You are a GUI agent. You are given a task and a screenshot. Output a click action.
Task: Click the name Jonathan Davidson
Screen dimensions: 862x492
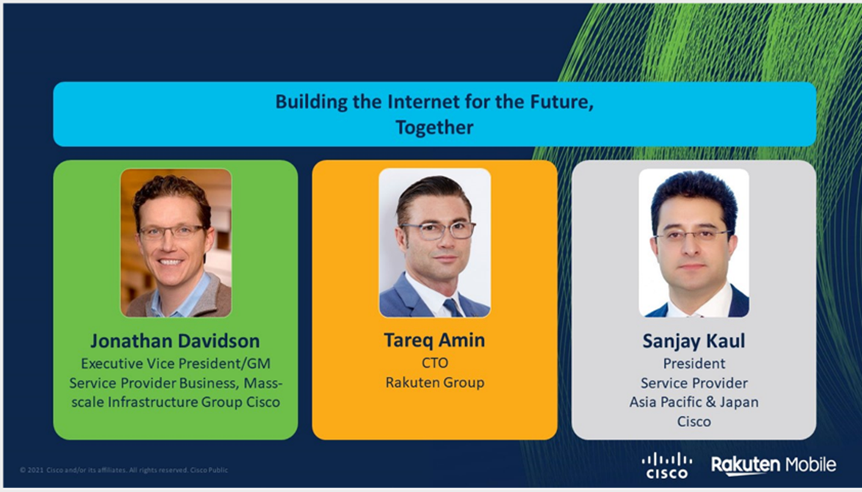[x=175, y=341]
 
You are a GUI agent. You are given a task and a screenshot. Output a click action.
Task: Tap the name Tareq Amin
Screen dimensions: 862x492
[x=434, y=340]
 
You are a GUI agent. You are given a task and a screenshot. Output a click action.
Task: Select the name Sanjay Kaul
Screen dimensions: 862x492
[x=694, y=341]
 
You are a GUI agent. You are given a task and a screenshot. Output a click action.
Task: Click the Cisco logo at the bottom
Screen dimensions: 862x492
[x=667, y=466]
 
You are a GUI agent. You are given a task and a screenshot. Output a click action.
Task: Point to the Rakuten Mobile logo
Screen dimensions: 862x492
[x=774, y=465]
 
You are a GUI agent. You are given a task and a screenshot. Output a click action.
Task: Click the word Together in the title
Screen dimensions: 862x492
[x=434, y=128]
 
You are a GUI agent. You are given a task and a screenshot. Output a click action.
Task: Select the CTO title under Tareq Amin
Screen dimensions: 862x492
[x=435, y=363]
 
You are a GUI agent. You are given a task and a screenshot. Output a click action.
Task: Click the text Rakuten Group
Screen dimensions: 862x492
[x=435, y=383]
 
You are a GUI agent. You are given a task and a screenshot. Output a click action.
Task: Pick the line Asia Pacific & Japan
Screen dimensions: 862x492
[x=694, y=402]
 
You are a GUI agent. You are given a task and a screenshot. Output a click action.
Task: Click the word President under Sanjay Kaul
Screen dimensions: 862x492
[x=694, y=364]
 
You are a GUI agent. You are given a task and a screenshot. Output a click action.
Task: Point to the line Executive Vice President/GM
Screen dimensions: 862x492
[x=176, y=364]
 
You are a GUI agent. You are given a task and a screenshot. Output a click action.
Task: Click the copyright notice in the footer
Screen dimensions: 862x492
[x=124, y=470]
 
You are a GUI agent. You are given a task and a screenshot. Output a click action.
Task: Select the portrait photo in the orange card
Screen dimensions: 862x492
[x=434, y=243]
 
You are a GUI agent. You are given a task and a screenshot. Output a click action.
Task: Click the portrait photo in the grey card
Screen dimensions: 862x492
[x=694, y=243]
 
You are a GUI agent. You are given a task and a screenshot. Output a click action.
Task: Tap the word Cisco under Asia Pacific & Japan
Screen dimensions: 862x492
[x=694, y=422]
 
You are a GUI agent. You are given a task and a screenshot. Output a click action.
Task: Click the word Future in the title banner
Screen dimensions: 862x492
[x=562, y=103]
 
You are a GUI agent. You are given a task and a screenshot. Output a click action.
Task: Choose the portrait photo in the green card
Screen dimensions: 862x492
[x=176, y=243]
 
